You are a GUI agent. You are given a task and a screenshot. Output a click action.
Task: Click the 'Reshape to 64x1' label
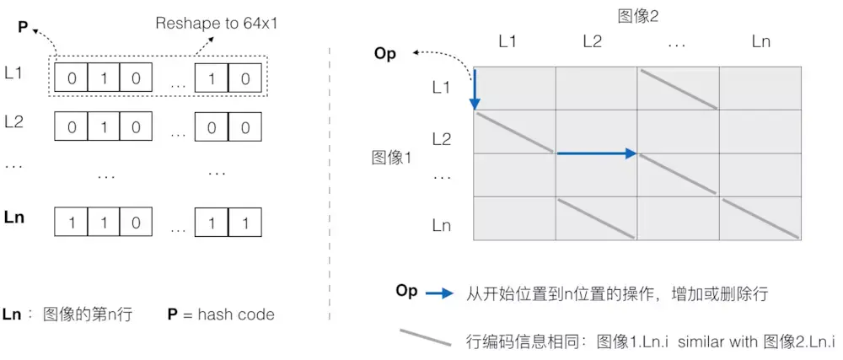(216, 24)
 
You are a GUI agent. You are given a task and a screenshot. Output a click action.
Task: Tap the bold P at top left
(24, 29)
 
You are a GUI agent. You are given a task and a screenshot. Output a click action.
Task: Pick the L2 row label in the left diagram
(13, 121)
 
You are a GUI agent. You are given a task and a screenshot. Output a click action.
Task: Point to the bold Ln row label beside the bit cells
(14, 218)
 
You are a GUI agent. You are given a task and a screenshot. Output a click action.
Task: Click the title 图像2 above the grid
(637, 14)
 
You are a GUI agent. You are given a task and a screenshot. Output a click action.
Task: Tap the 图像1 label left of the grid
(390, 157)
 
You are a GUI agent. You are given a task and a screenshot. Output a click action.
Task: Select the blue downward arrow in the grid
(475, 89)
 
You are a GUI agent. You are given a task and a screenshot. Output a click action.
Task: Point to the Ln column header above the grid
(760, 40)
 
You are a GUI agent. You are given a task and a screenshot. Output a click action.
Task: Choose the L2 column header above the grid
(593, 40)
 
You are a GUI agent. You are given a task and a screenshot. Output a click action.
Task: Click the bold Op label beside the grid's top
(384, 54)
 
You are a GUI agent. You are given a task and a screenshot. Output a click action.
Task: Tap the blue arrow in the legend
(440, 294)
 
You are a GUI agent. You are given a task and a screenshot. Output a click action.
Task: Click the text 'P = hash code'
(221, 314)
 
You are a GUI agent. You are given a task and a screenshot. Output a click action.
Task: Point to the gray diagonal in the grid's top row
(678, 89)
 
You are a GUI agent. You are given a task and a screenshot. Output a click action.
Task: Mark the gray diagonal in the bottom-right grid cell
(760, 218)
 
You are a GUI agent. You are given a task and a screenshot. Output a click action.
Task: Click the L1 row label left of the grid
(442, 87)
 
